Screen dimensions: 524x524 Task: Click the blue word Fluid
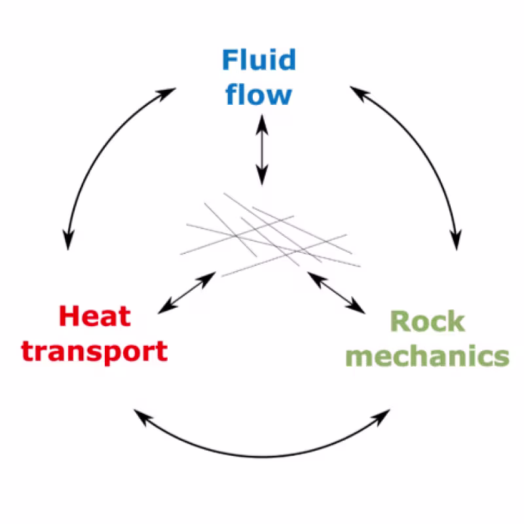point(259,61)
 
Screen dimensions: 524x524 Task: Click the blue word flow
point(259,94)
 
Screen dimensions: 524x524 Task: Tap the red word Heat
point(95,317)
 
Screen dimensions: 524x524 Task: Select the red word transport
point(95,352)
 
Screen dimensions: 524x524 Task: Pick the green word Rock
point(427,322)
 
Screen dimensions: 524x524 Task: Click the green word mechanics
point(427,356)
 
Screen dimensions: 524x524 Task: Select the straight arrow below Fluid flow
point(262,149)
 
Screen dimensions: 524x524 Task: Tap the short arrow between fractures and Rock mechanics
point(336,292)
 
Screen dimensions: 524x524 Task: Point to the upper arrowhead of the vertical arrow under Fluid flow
point(262,122)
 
